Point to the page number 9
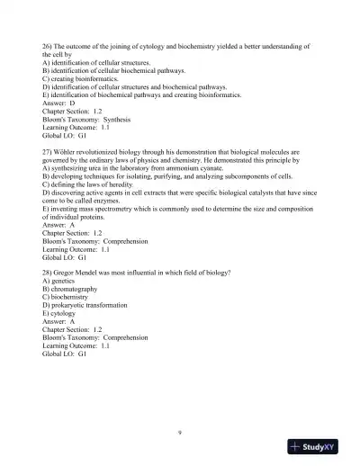tap(180, 433)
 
